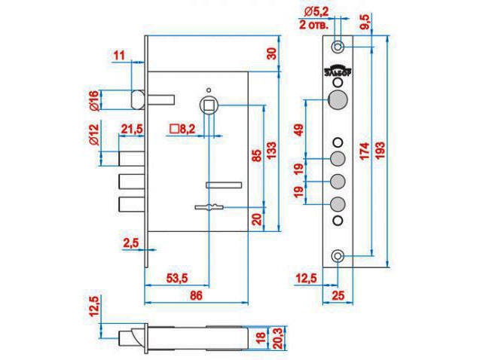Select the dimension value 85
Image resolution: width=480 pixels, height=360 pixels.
pos(256,155)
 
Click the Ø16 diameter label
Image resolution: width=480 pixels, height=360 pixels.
pos(94,101)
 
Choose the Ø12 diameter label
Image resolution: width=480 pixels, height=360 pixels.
pos(94,134)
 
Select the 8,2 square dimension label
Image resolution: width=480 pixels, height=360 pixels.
pos(184,130)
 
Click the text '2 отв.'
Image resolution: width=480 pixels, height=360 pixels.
pos(317,23)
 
